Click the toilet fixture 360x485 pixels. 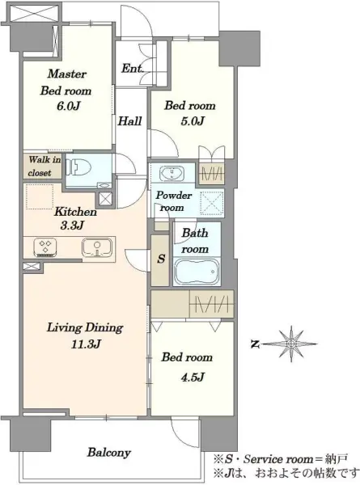click(x=80, y=168)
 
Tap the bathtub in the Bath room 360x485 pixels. click(x=197, y=271)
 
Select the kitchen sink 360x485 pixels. click(x=97, y=247)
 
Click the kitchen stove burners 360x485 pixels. click(x=45, y=247)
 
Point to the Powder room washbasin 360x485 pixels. click(x=172, y=173)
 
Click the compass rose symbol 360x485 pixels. click(x=291, y=344)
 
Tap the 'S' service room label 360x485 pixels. click(x=161, y=259)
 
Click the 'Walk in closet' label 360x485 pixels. click(x=44, y=166)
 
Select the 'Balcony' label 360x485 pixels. click(x=108, y=453)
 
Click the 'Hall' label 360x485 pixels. click(x=129, y=120)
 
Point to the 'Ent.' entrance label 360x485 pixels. click(x=132, y=69)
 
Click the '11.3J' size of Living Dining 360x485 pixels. click(x=86, y=344)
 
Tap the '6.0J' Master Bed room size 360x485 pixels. click(x=69, y=106)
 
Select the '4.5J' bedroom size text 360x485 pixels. click(x=193, y=377)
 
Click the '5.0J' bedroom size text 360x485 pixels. click(x=193, y=121)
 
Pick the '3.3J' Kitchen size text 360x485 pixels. click(x=72, y=226)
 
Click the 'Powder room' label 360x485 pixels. click(x=173, y=201)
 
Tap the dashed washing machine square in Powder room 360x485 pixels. click(x=212, y=203)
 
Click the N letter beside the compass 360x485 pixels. click(x=255, y=344)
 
